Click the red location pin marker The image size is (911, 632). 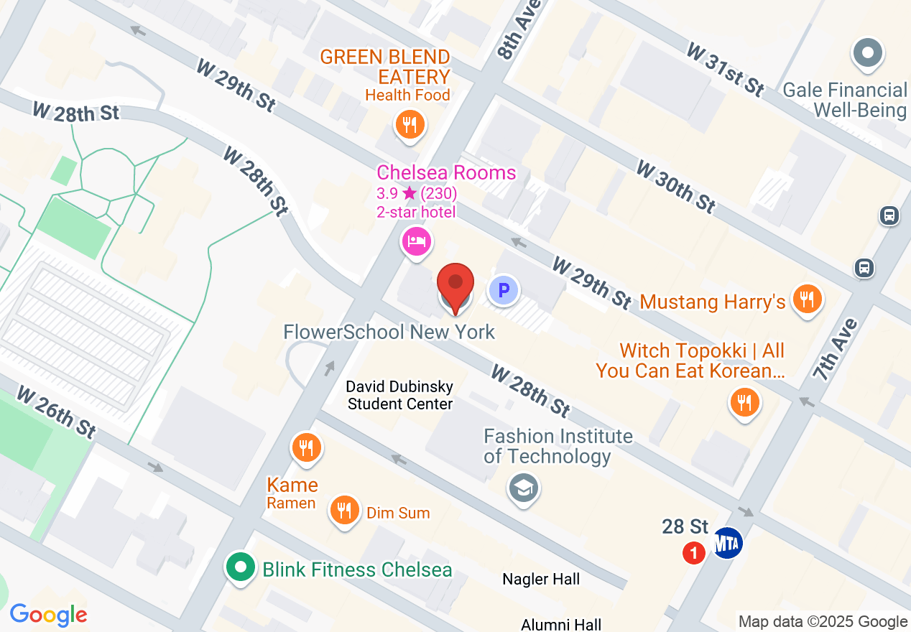(x=455, y=285)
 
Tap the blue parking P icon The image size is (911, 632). (x=504, y=291)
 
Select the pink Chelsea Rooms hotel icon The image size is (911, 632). (x=417, y=241)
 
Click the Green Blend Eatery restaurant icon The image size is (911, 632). (x=410, y=126)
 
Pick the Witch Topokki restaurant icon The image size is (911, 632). (x=744, y=402)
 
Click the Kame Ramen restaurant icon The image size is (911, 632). (x=307, y=448)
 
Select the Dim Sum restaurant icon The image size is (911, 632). (x=345, y=511)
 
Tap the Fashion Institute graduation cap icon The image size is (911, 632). (x=524, y=489)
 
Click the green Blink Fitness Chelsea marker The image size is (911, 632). (x=241, y=568)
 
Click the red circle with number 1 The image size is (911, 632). (x=693, y=553)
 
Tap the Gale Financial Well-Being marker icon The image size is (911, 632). (x=867, y=53)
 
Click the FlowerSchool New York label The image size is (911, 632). (x=389, y=332)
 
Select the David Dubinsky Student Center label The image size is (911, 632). (x=399, y=395)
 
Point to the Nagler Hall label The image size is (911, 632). (x=540, y=579)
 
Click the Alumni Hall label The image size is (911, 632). (x=560, y=624)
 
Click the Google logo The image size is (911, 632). (x=48, y=615)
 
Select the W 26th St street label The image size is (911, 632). (x=56, y=412)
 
